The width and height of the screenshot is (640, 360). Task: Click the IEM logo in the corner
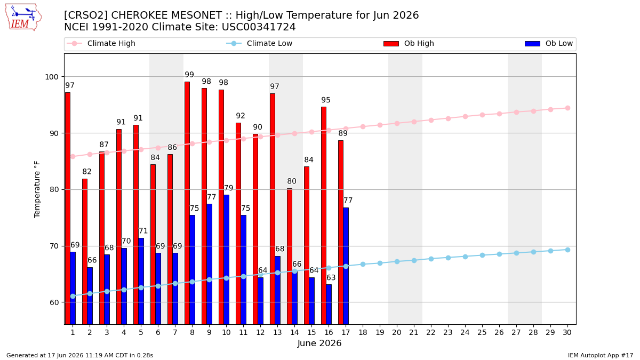(x=23, y=18)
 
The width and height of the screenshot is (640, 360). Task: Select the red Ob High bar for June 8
(x=187, y=203)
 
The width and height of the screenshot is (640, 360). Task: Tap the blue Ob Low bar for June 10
(x=226, y=259)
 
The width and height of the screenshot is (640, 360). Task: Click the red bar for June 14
(x=290, y=257)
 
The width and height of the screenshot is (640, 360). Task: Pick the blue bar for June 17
(x=346, y=266)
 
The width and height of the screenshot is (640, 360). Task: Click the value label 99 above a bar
(x=189, y=75)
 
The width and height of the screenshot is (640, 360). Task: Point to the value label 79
(x=229, y=188)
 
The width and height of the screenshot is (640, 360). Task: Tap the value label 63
(x=331, y=278)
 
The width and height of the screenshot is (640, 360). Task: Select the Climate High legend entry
(x=101, y=43)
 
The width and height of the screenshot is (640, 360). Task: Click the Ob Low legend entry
(x=549, y=43)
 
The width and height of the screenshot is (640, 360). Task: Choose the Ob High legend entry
(x=409, y=43)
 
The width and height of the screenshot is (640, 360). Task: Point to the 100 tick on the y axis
(x=51, y=77)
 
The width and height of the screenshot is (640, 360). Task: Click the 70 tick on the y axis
(x=54, y=246)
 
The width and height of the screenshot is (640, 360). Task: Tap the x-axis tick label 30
(x=567, y=333)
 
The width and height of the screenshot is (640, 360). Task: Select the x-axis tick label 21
(x=414, y=333)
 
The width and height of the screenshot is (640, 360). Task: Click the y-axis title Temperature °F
(x=37, y=189)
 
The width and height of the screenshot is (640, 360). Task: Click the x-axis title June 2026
(x=319, y=343)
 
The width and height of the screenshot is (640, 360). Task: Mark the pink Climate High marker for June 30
(x=567, y=108)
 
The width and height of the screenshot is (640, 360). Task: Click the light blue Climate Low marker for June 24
(x=465, y=257)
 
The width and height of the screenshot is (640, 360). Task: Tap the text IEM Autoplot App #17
(x=601, y=355)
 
